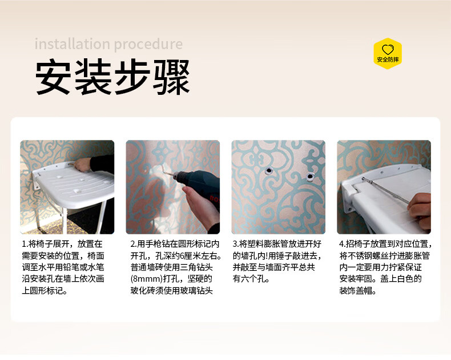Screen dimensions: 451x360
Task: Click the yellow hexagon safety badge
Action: pos(388,54)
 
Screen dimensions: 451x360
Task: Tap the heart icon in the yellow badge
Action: pos(388,50)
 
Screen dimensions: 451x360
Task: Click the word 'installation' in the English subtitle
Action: pos(72,44)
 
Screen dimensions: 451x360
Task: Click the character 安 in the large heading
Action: pos(53,77)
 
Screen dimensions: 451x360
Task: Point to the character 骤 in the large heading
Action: pos(172,77)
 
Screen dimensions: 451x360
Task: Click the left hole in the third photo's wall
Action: pos(269,170)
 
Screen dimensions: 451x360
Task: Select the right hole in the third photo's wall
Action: pos(310,176)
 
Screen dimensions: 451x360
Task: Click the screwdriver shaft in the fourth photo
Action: pos(385,190)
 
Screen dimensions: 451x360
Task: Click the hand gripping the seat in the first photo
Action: pos(82,165)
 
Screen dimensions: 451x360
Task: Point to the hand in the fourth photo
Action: pos(420,207)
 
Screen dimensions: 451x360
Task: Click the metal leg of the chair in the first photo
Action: pos(101,216)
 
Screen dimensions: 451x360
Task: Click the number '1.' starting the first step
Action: pos(25,244)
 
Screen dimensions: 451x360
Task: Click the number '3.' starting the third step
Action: pos(236,244)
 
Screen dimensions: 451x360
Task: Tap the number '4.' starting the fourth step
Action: pos(343,244)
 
